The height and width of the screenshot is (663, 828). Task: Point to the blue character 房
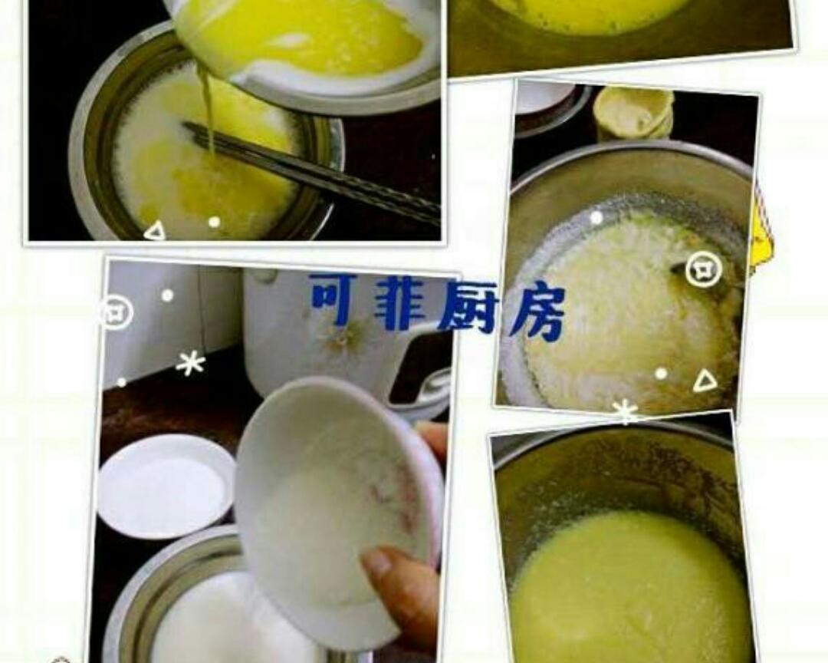pos(537,312)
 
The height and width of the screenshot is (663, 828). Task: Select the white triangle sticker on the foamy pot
pos(705,381)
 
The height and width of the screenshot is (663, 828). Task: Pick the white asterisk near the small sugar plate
pos(190,362)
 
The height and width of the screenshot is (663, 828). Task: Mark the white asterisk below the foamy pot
pos(626,411)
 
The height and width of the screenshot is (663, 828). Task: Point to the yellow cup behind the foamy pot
pos(633,112)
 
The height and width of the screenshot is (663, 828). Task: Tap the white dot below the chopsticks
pos(214,222)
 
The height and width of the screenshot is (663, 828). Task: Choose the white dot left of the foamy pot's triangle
pos(661,374)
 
